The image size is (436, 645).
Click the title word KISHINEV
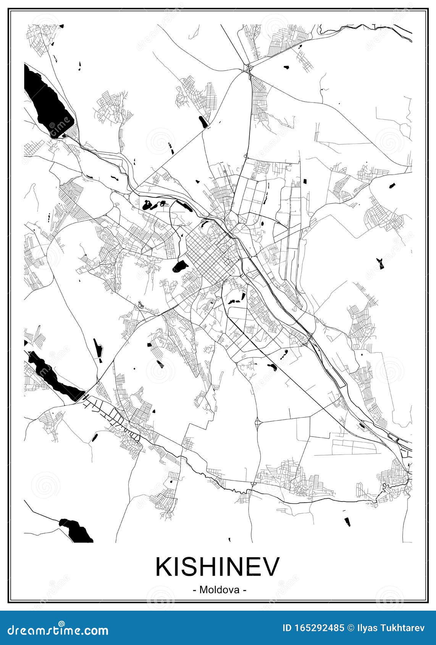coord(218,567)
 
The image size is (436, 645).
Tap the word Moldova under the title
coord(219,590)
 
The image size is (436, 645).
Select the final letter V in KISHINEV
coord(272,567)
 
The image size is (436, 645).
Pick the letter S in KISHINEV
coord(190,567)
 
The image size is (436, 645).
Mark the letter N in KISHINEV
coord(236,567)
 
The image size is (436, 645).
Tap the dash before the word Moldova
coord(195,590)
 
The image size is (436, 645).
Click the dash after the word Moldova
coord(244,590)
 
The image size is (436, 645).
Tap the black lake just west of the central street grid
coord(180,266)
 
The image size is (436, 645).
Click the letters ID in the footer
coord(287,628)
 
